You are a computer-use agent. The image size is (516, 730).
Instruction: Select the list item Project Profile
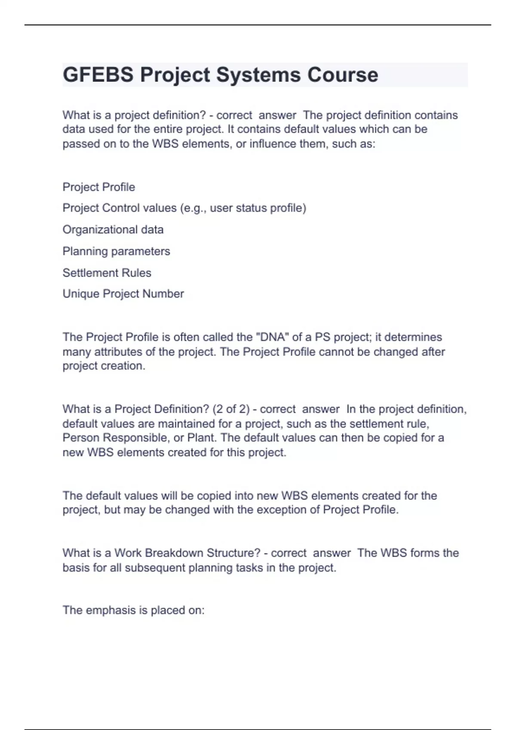click(x=99, y=187)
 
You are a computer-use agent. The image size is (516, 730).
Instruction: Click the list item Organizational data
click(x=113, y=230)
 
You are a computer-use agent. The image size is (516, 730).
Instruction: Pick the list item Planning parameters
click(x=117, y=251)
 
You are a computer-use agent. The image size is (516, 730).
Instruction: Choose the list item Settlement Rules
click(x=107, y=273)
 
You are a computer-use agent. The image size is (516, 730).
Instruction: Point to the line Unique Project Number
click(x=123, y=294)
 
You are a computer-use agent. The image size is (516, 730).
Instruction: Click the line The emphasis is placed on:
click(x=134, y=610)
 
